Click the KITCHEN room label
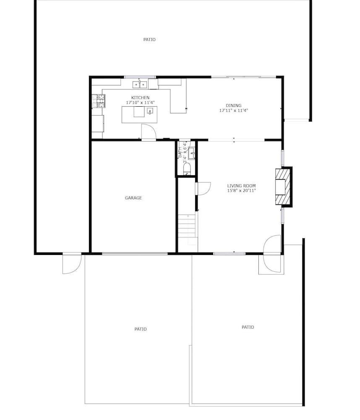(x=140, y=97)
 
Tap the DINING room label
(x=234, y=105)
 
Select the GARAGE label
(x=133, y=198)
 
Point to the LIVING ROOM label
(x=241, y=186)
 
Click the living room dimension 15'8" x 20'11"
(x=241, y=190)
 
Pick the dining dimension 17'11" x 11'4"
(x=234, y=110)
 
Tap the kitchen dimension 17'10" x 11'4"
(x=140, y=102)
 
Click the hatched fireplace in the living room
(x=283, y=187)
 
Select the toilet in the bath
(x=187, y=168)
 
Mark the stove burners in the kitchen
(x=98, y=101)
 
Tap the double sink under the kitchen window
(x=140, y=85)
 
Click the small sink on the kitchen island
(x=150, y=110)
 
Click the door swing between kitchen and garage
(x=149, y=132)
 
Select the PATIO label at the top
(x=149, y=39)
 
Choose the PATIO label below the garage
(x=141, y=329)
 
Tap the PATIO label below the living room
(x=248, y=327)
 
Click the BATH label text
(x=180, y=152)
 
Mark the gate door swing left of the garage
(x=72, y=264)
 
